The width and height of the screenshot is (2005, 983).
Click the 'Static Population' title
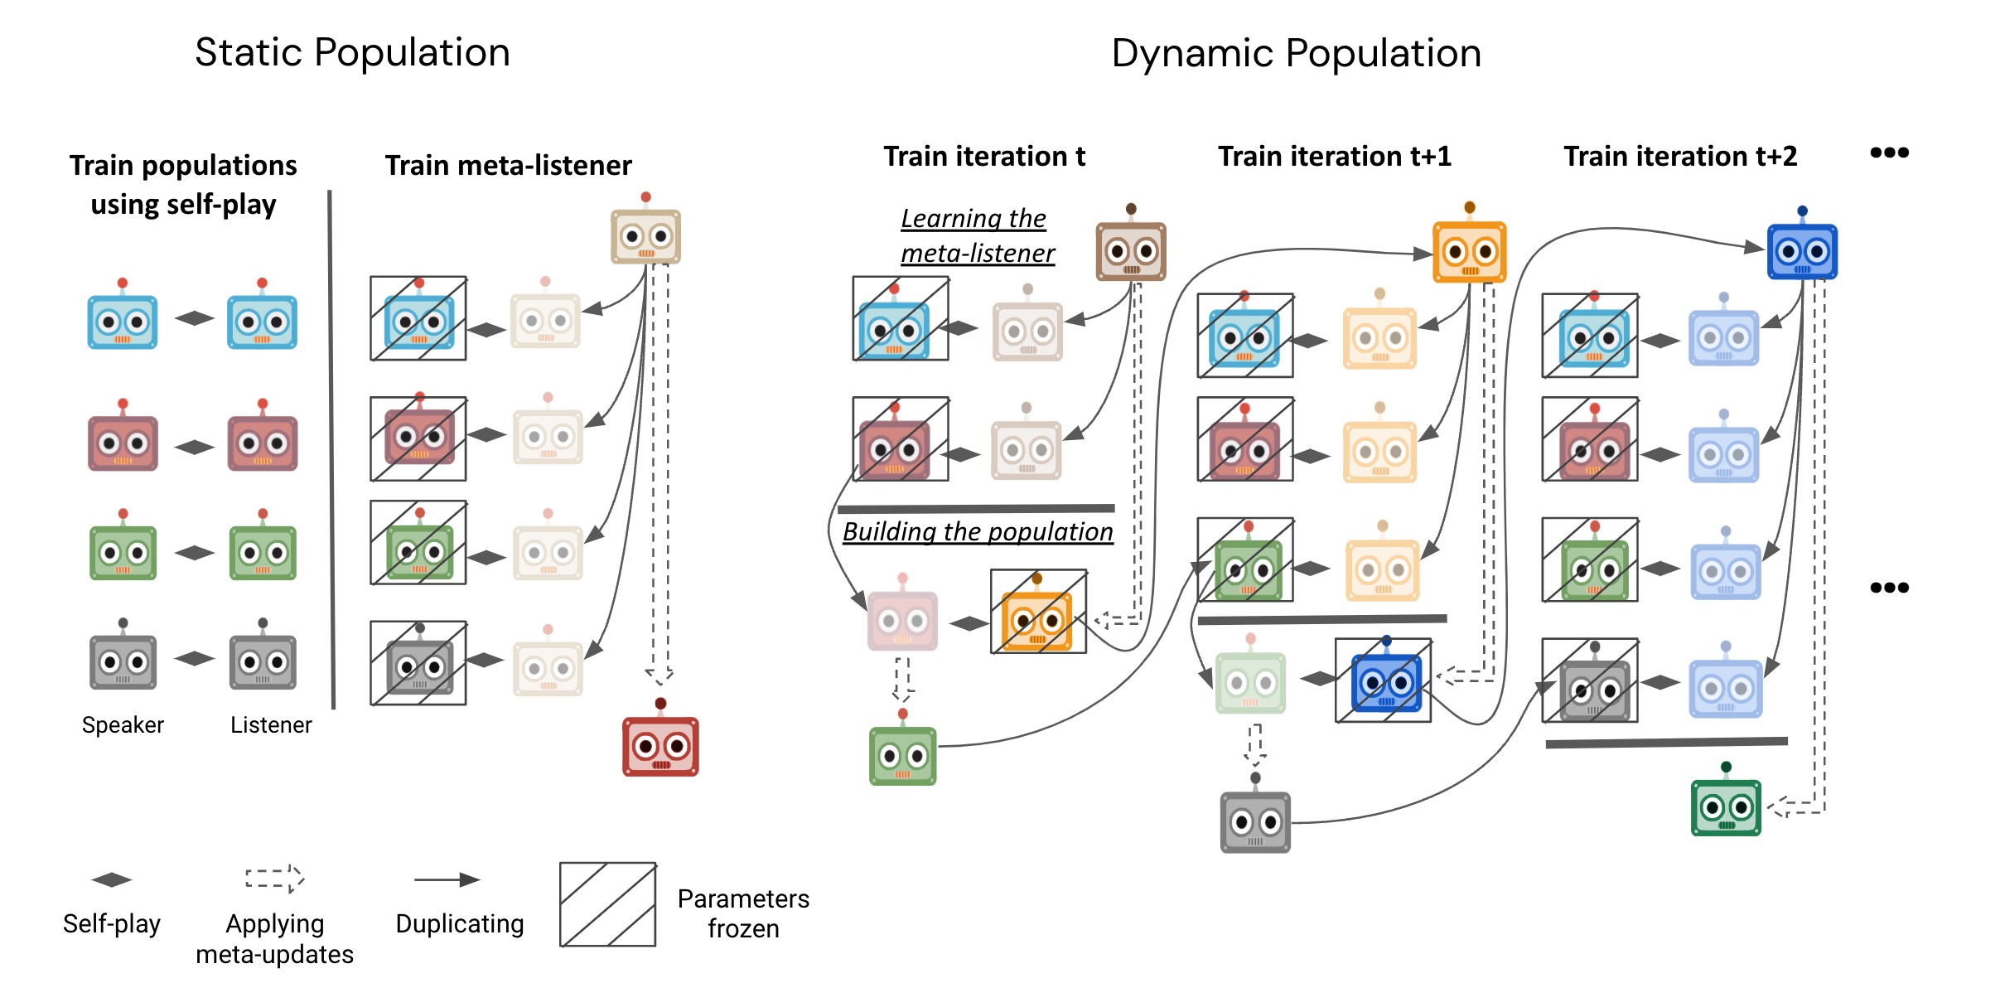coord(352,52)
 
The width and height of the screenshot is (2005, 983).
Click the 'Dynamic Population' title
coord(1296,53)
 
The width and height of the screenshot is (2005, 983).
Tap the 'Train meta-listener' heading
coord(508,165)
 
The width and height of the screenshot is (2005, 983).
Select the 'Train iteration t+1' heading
coord(1334,156)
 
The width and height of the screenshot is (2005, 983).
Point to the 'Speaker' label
coord(123,724)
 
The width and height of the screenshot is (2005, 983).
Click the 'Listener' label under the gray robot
coord(271,724)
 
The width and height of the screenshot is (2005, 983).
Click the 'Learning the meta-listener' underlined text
coord(977,235)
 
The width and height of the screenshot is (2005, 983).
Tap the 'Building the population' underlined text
coord(978,531)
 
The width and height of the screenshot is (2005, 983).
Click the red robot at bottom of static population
coord(660,744)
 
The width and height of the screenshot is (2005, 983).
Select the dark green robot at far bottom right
coord(1726,806)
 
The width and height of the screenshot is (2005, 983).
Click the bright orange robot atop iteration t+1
coord(1469,250)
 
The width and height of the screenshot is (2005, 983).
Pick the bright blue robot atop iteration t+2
coord(1802,250)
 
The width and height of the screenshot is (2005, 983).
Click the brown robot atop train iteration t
coord(1131,249)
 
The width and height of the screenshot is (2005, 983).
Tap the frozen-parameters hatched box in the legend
coord(607,904)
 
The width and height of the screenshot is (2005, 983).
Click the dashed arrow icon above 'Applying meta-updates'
coord(274,879)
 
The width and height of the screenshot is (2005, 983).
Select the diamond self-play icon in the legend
coord(112,879)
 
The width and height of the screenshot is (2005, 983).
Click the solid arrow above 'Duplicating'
coord(447,879)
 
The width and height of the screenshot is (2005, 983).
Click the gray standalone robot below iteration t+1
coord(1255,821)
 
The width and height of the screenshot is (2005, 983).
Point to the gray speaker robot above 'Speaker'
coord(123,661)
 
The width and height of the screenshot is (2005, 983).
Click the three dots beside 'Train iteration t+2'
coord(1889,153)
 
